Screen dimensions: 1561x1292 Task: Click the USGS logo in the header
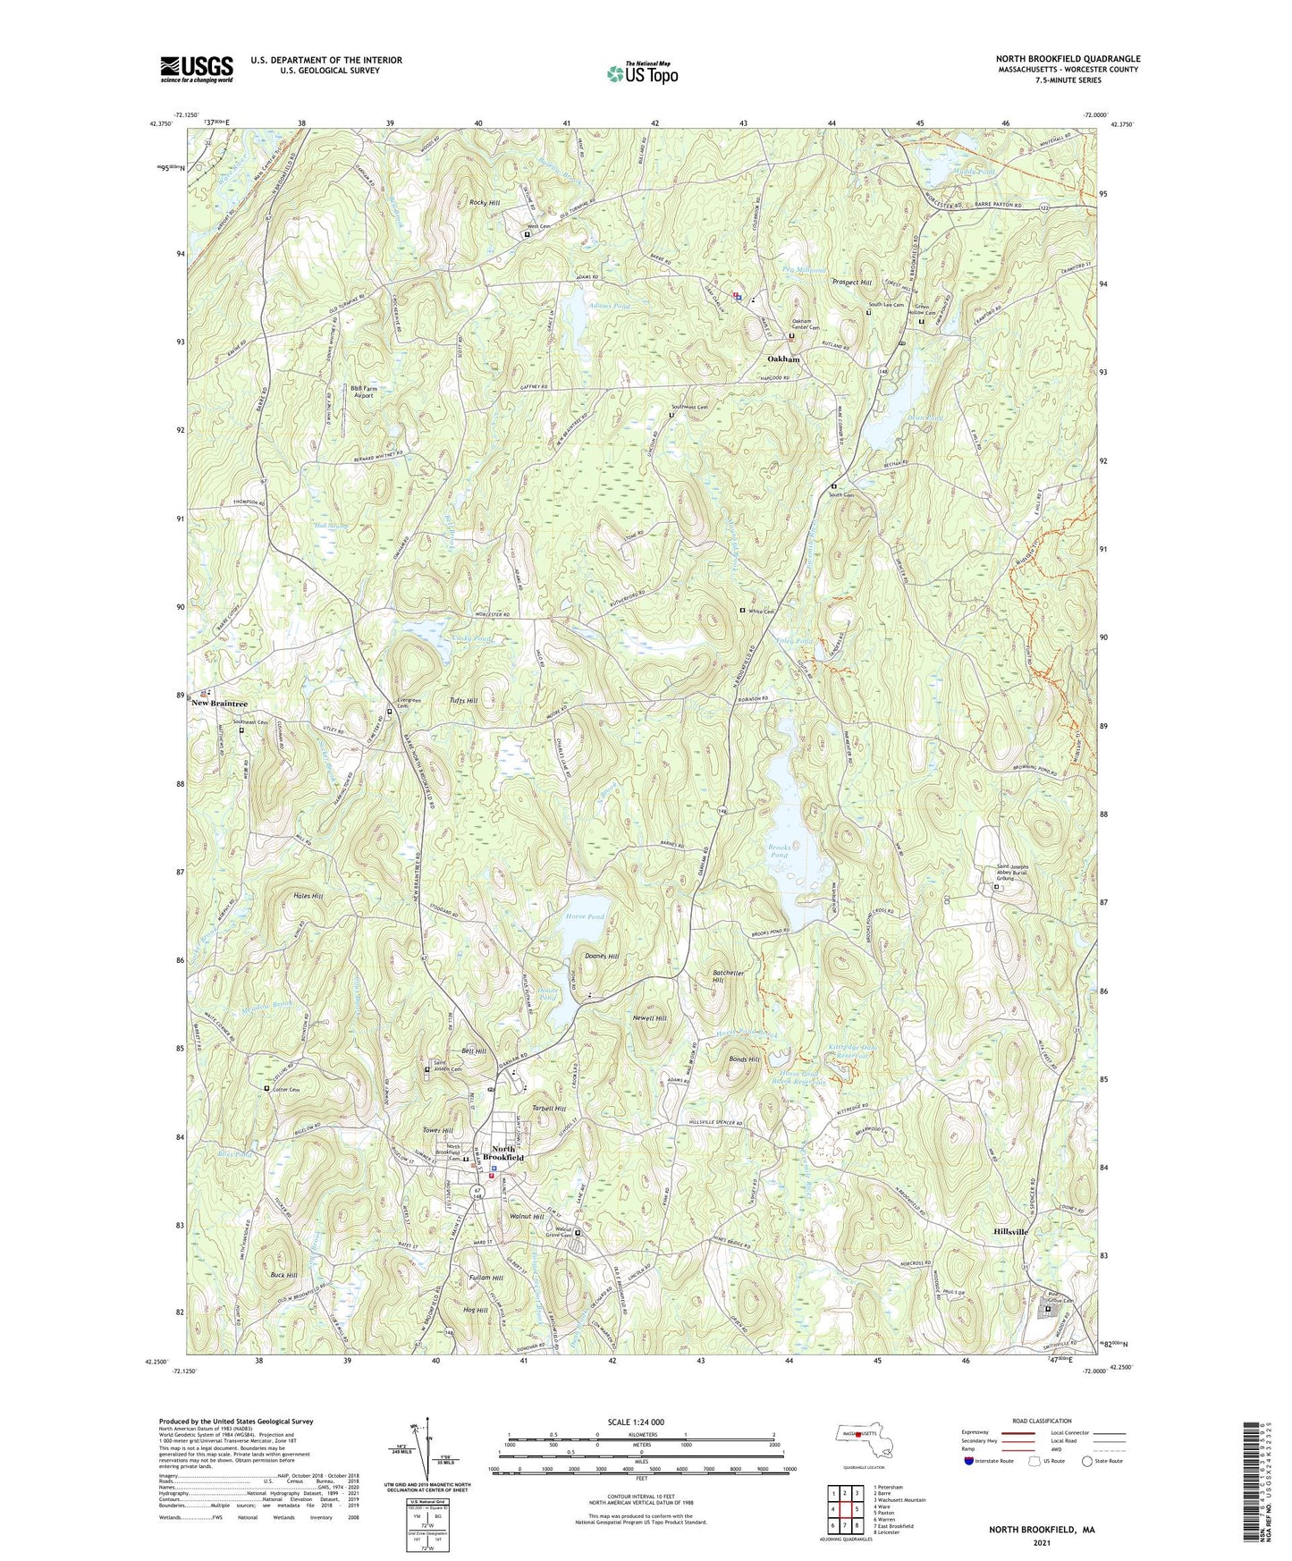point(197,69)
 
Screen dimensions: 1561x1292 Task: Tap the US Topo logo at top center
point(641,72)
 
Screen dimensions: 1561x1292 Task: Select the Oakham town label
point(783,359)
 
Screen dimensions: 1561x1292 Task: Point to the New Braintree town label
point(219,704)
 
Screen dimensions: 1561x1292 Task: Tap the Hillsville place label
point(1010,1232)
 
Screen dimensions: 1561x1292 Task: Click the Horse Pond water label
point(585,917)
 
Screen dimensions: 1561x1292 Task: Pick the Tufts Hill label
point(462,701)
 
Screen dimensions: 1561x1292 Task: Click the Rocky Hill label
point(485,203)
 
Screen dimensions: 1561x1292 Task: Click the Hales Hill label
point(283,895)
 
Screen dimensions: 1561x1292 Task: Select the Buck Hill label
point(283,1275)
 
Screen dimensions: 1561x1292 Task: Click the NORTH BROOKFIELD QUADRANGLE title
point(1068,59)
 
